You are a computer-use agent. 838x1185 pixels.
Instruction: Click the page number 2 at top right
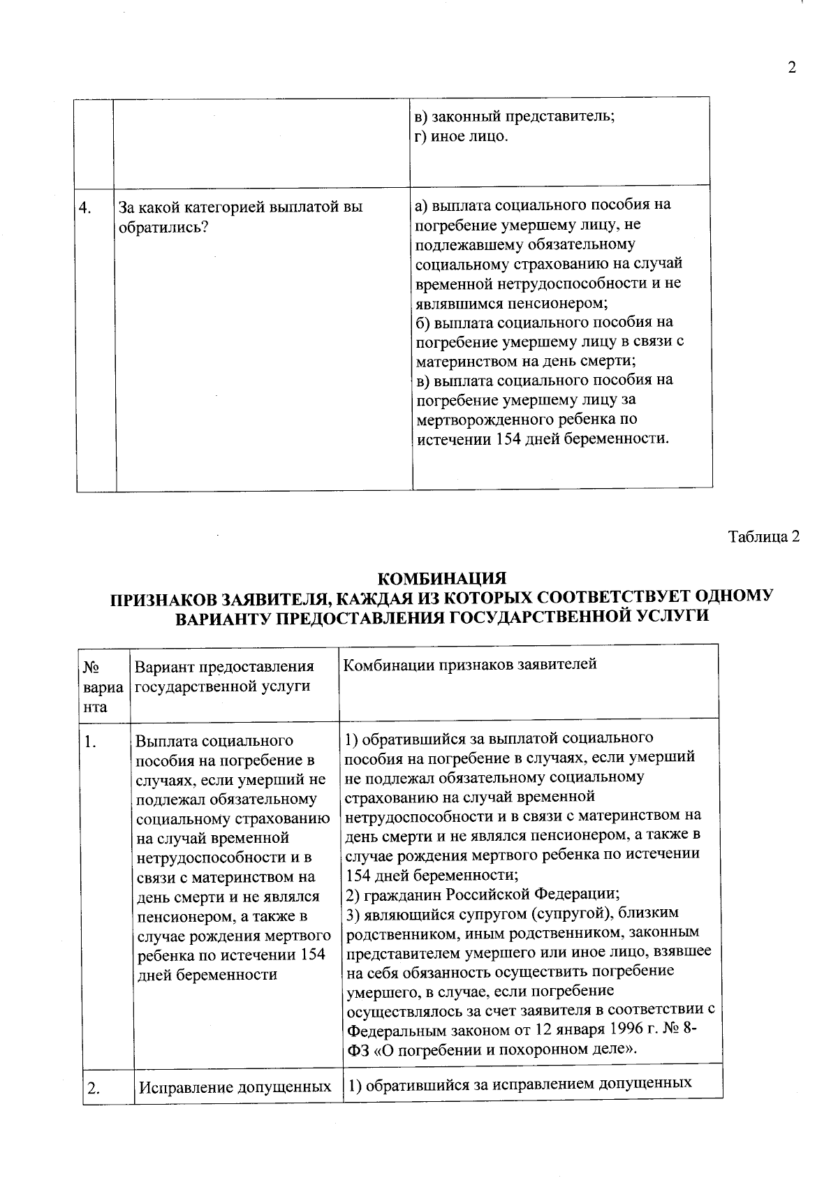(791, 68)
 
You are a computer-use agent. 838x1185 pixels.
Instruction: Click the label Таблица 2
(763, 537)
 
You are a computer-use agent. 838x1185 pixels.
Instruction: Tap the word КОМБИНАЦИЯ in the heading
(441, 579)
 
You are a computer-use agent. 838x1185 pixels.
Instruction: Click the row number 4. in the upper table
(87, 208)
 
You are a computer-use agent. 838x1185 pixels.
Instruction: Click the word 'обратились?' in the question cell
(164, 228)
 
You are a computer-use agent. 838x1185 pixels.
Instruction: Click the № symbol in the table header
(89, 667)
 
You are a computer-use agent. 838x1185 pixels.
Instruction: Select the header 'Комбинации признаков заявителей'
(470, 664)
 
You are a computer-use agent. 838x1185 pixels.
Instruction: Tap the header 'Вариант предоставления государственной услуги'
(224, 676)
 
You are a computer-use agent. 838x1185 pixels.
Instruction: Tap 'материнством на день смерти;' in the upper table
(525, 362)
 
